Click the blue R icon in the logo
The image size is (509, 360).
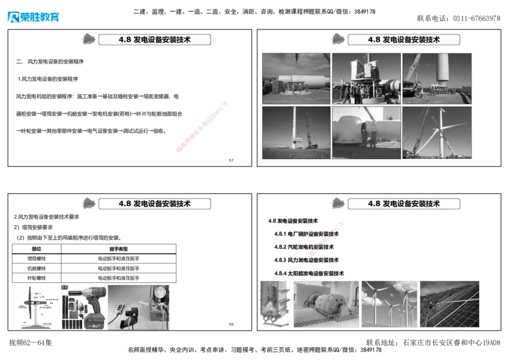tap(12, 17)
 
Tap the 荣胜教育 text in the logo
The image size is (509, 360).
tap(40, 17)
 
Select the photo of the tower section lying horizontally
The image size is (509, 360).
tap(296, 78)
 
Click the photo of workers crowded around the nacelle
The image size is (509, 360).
tap(366, 78)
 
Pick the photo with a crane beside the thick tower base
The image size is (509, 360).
tap(437, 78)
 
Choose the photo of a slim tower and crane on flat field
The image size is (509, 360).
tap(296, 132)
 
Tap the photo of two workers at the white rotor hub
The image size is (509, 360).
tap(366, 132)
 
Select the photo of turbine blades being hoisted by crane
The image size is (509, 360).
tap(437, 132)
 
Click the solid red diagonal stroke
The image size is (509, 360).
tap(201, 127)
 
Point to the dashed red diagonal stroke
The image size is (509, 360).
tap(323, 242)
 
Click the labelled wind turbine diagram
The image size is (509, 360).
tap(36, 307)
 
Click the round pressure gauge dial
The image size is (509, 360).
tap(159, 294)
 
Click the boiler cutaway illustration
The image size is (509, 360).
tap(274, 304)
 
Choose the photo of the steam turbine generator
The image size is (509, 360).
tap(326, 304)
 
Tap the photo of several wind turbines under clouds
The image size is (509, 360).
tap(389, 304)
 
